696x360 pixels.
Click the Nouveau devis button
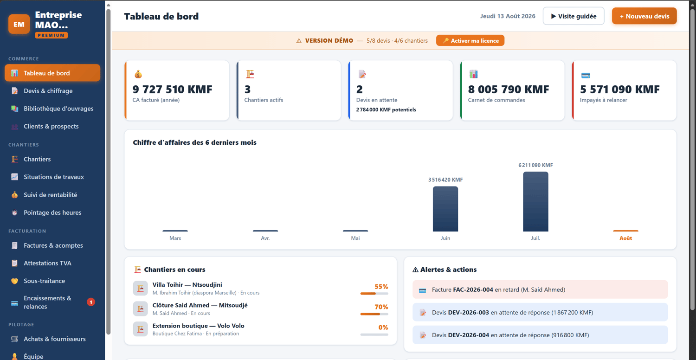644,16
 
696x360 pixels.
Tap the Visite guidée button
574,16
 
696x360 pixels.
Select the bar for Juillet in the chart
535,202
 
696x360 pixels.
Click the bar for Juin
445,209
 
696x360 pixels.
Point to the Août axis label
625,238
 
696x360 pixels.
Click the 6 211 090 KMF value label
535,165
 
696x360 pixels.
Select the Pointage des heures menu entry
52,212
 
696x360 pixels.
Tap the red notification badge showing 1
91,302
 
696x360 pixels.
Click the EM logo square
19,24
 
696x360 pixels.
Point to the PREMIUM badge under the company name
51,35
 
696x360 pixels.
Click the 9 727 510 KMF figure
173,90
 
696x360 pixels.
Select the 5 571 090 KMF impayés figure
620,90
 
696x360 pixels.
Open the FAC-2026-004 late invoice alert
540,289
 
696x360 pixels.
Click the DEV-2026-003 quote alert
540,312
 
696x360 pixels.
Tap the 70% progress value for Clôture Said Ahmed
381,307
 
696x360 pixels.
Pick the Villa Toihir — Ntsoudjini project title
187,284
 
